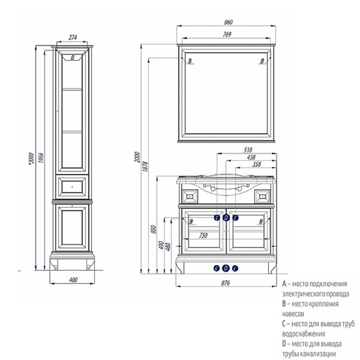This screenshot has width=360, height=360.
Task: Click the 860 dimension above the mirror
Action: (x=228, y=22)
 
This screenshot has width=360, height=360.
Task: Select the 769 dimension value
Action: (x=227, y=34)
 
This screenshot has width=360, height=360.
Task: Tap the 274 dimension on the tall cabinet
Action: (x=73, y=37)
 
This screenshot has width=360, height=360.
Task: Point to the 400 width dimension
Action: (x=73, y=280)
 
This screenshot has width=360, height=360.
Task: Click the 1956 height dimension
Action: (x=41, y=157)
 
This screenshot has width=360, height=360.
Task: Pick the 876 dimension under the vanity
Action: (x=225, y=283)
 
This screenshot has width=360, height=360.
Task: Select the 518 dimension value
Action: (x=248, y=150)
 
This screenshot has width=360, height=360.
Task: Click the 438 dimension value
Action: (x=251, y=157)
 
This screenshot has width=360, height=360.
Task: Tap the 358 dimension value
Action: (x=257, y=165)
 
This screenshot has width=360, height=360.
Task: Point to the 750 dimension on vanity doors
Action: (x=203, y=236)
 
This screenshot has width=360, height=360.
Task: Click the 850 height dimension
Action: (x=154, y=229)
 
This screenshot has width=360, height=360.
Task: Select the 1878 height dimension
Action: (x=145, y=167)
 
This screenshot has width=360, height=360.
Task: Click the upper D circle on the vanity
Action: (x=226, y=218)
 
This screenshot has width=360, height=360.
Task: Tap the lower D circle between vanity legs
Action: (x=226, y=268)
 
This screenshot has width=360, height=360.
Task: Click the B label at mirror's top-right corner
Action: (x=262, y=61)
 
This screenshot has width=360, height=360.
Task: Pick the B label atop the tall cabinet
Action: (x=73, y=58)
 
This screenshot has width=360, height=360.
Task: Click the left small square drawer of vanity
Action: (x=190, y=196)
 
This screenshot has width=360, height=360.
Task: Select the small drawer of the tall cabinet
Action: (x=72, y=187)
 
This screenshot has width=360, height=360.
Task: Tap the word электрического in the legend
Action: (x=302, y=294)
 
